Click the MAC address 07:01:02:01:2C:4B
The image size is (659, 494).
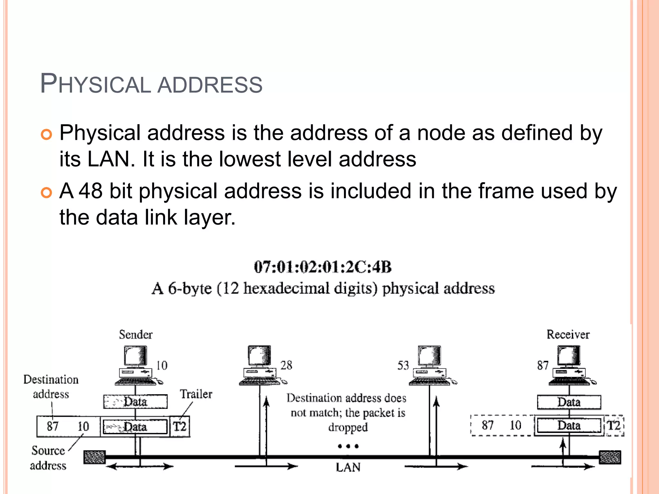(x=322, y=267)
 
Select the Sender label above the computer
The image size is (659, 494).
(x=135, y=334)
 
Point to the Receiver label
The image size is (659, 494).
(x=568, y=334)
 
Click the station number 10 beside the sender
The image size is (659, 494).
(x=162, y=365)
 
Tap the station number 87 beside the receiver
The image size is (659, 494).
(x=543, y=365)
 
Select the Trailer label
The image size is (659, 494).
(x=196, y=394)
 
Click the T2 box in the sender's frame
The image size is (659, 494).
(x=180, y=427)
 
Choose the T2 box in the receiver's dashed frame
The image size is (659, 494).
(x=614, y=425)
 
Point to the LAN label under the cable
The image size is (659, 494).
(x=348, y=467)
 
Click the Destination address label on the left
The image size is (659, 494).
(x=51, y=387)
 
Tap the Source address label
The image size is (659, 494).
(x=48, y=458)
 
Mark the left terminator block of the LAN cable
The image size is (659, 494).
(x=94, y=457)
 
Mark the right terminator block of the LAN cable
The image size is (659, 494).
(x=610, y=457)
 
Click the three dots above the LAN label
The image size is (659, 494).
(x=348, y=446)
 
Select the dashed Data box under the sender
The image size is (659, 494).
(x=135, y=402)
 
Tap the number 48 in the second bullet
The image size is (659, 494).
(x=91, y=191)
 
